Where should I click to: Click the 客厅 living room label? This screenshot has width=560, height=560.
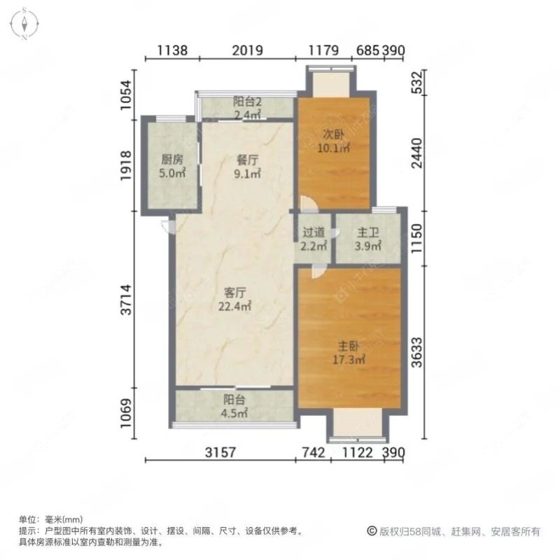(234, 293)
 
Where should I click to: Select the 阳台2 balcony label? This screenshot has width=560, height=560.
(247, 101)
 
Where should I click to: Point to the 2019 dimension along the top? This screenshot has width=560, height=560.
(246, 50)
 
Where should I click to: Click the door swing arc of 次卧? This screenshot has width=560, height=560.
(308, 204)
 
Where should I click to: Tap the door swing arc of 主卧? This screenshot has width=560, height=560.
(316, 270)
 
